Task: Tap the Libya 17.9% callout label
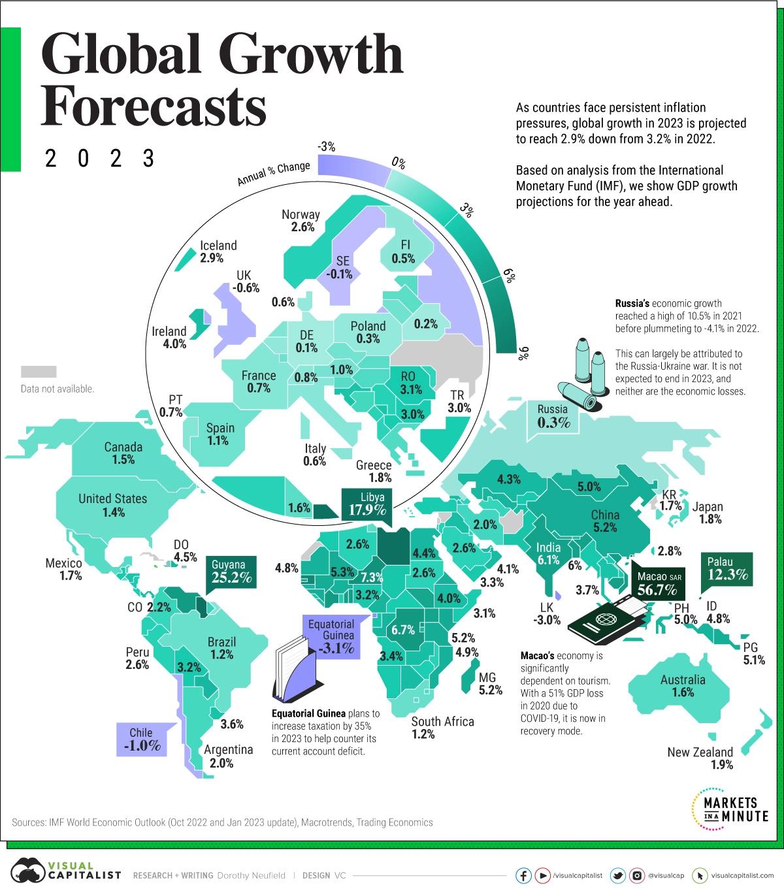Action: click(x=367, y=504)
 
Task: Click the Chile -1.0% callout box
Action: click(x=141, y=739)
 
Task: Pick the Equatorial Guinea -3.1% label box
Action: click(x=331, y=636)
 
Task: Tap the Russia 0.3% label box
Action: click(x=553, y=416)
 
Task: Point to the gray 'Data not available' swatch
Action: click(x=39, y=372)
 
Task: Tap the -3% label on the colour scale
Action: click(x=326, y=148)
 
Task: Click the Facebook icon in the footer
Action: click(x=523, y=875)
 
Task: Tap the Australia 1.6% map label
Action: click(x=683, y=685)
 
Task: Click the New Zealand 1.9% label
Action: click(x=700, y=758)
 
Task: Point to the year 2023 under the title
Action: click(x=100, y=158)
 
